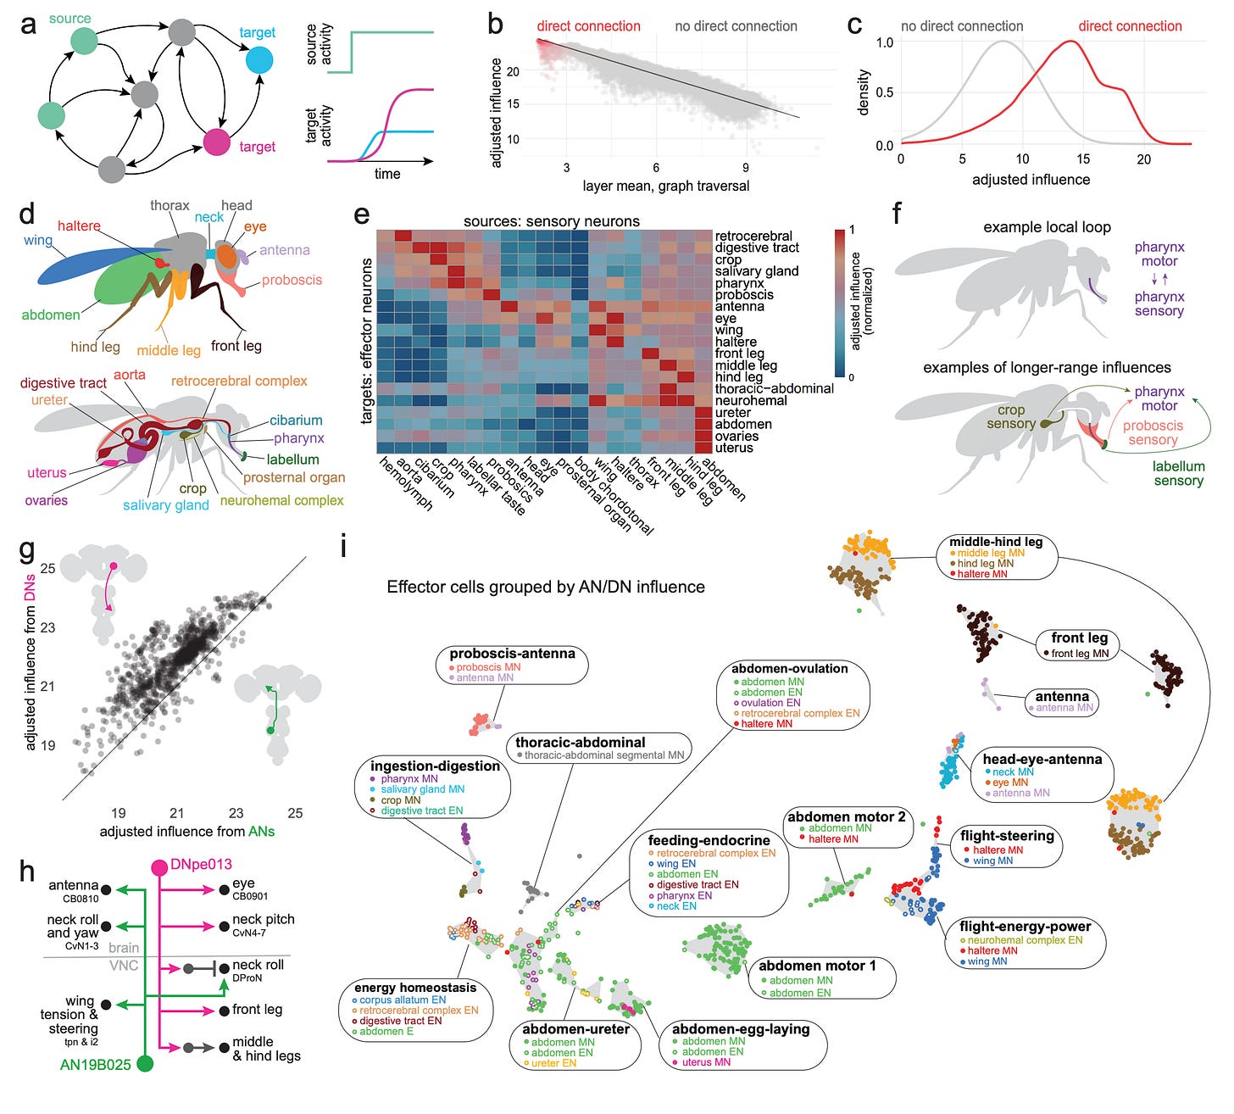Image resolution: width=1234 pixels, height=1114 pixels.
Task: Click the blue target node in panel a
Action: [x=259, y=60]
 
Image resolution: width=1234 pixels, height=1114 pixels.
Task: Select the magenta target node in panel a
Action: [x=217, y=142]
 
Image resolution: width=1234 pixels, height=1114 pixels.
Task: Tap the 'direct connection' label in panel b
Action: [x=588, y=26]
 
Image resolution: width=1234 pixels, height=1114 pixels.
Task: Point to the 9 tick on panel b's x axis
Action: [x=746, y=167]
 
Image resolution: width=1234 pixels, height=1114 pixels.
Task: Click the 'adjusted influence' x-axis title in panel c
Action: [x=1031, y=180]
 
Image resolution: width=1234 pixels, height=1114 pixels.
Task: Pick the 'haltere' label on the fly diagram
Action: [x=79, y=226]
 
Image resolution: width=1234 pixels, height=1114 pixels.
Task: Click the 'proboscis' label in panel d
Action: [x=292, y=280]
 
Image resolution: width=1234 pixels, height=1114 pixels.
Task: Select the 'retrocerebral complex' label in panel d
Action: [x=239, y=381]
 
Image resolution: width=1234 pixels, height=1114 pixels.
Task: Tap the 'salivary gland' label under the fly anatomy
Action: [x=166, y=505]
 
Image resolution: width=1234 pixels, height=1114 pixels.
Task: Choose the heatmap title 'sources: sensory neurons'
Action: [x=552, y=221]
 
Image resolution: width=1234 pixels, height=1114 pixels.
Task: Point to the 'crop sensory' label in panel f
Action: [x=1011, y=416]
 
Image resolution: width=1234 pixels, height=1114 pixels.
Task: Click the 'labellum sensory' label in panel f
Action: [x=1178, y=473]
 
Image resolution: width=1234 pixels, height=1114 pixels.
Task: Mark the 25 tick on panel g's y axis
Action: [x=47, y=568]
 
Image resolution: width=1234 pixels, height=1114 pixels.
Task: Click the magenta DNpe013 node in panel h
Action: [x=159, y=866]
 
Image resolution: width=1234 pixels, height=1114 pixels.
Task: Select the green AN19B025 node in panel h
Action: [x=145, y=1063]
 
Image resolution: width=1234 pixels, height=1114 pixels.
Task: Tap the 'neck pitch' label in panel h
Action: [x=264, y=920]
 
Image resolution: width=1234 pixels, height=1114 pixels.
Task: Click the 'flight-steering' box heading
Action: [x=1007, y=835]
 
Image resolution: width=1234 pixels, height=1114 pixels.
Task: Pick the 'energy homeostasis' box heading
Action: [x=415, y=987]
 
